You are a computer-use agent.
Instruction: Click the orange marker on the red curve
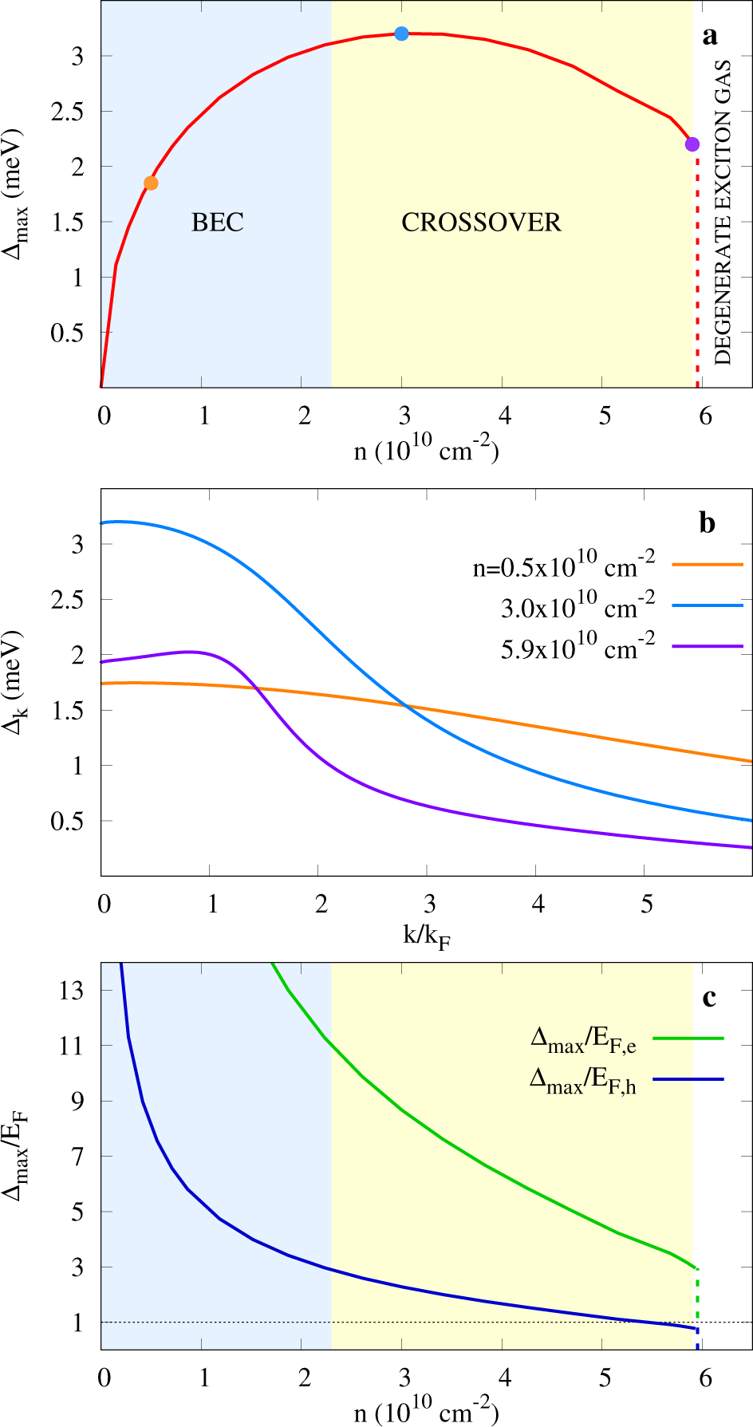click(151, 183)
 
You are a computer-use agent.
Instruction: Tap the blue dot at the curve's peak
click(401, 34)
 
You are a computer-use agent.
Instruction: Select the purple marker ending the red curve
click(692, 144)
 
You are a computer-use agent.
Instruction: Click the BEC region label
click(217, 222)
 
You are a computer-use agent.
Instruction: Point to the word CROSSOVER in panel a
click(481, 222)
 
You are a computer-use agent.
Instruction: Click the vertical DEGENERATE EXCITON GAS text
click(723, 212)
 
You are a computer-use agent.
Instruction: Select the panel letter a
click(709, 36)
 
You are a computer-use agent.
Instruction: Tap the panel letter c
click(709, 997)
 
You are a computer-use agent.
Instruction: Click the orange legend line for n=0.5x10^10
click(708, 564)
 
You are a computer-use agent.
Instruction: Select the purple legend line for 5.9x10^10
click(708, 646)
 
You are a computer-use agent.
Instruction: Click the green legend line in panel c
click(688, 1039)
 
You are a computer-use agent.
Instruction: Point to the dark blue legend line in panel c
click(688, 1079)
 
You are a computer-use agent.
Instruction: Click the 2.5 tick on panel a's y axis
click(67, 112)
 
